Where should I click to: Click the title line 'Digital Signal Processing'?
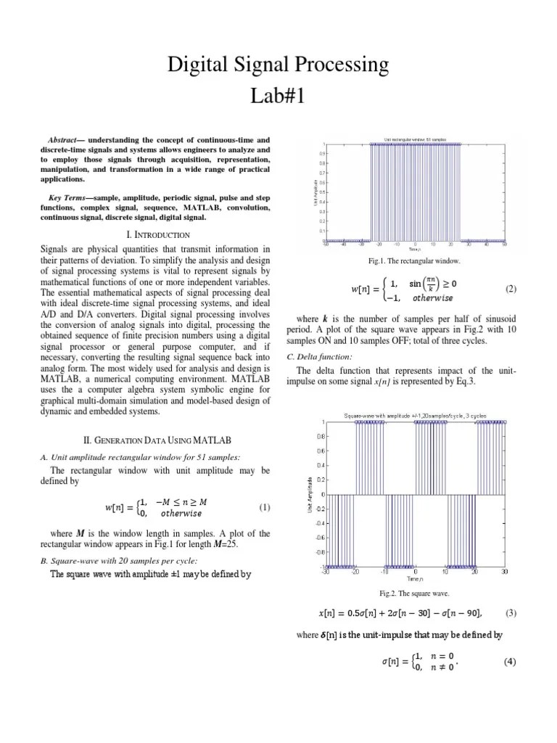[278, 66]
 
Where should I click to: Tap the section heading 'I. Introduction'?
[158, 235]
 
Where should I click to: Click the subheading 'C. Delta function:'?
[320, 356]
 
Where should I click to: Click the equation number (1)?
[264, 507]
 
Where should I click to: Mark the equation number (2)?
[511, 289]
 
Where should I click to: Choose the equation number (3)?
[511, 613]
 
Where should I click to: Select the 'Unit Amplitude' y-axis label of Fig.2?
[310, 493]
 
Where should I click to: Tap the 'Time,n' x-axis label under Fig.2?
[414, 579]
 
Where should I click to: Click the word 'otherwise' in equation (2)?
[432, 297]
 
